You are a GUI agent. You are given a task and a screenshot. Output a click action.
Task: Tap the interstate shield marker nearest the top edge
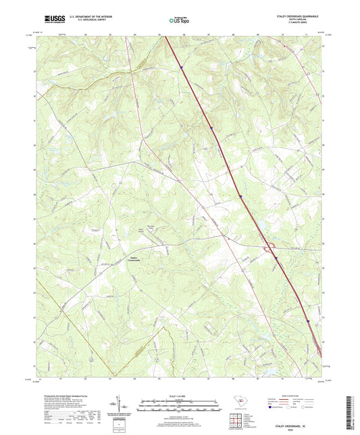tap(182, 67)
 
